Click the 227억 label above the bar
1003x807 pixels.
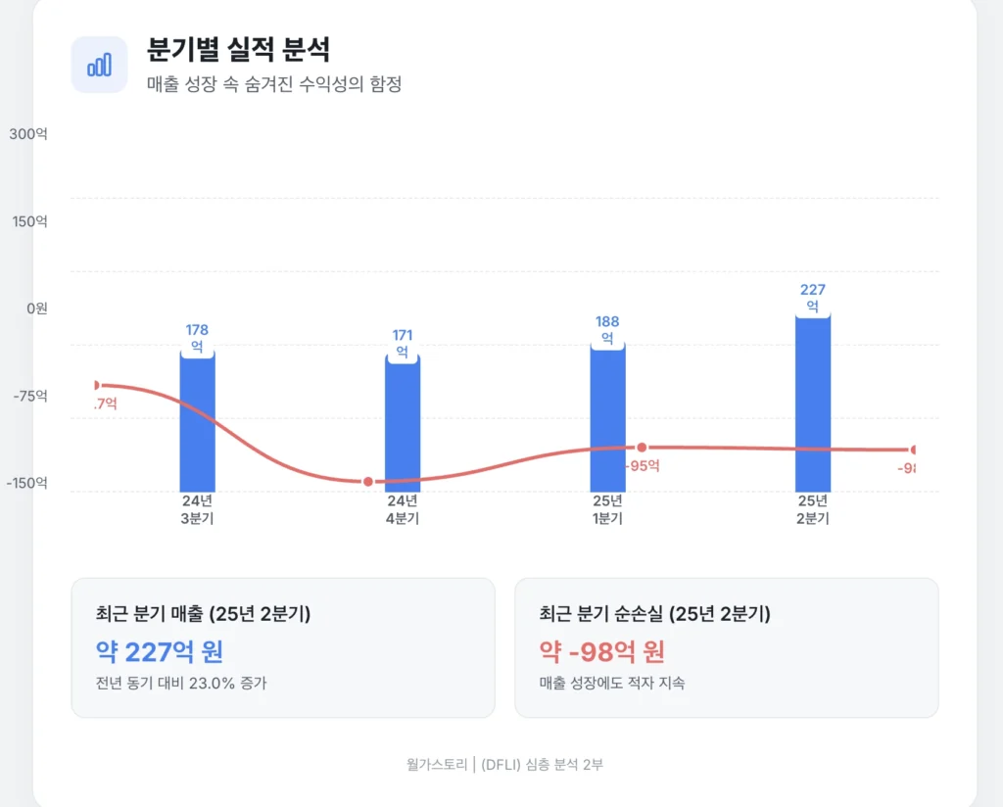[813, 298]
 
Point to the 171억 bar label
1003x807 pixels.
[403, 344]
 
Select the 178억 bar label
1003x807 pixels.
[197, 338]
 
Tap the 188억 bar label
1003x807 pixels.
[607, 330]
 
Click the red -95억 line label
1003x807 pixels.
[642, 466]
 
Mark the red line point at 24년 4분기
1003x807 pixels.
[368, 482]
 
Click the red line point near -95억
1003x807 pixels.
[642, 448]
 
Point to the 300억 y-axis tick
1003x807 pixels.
[28, 133]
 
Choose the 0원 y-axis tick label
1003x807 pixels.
[36, 309]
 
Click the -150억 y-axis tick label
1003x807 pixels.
[25, 484]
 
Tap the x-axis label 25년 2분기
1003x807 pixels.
[813, 509]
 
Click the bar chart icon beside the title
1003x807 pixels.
[99, 65]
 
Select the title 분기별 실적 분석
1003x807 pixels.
[238, 49]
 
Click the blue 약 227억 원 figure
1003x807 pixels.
[160, 651]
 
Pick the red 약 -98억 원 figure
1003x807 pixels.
[602, 651]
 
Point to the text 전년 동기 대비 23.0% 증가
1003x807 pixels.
[181, 683]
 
